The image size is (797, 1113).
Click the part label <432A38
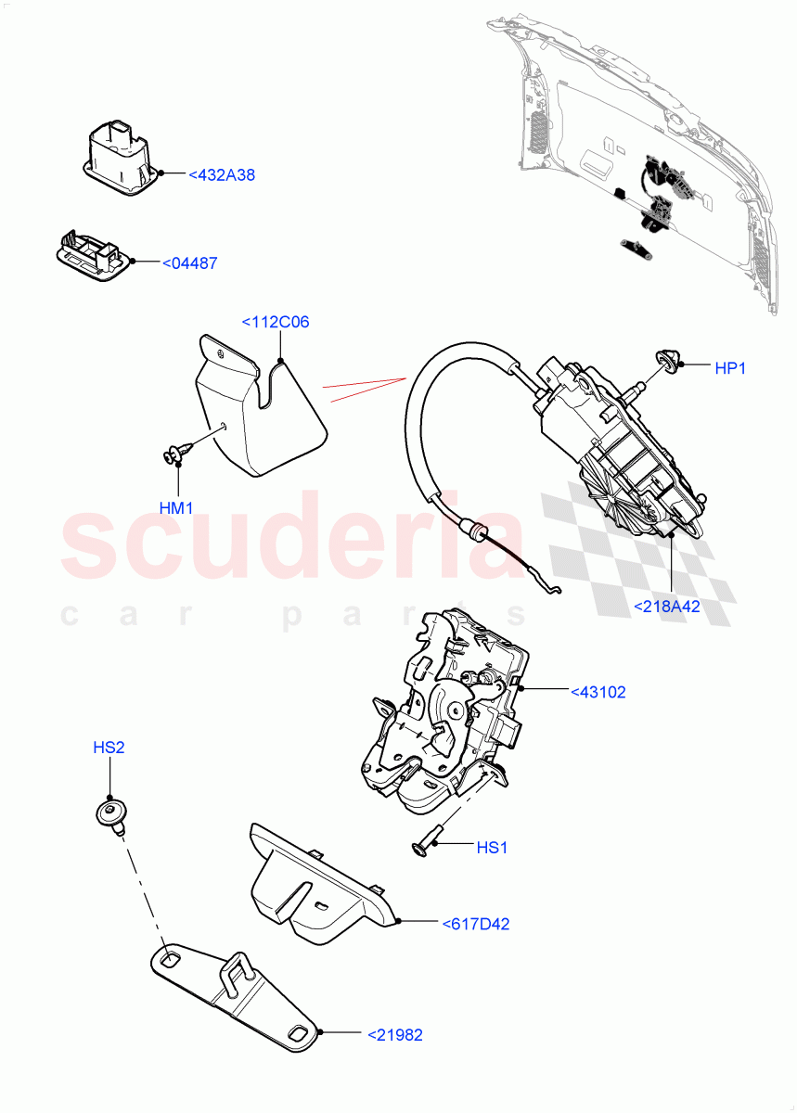click(x=222, y=174)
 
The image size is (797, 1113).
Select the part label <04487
click(x=190, y=263)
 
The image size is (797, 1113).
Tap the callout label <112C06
click(x=276, y=323)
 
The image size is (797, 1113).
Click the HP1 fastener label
click(x=730, y=368)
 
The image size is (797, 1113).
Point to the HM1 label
click(x=175, y=508)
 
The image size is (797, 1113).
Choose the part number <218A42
click(x=666, y=607)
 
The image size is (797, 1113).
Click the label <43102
click(x=598, y=692)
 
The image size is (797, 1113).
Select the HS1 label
click(x=492, y=848)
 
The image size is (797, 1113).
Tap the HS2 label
click(x=108, y=748)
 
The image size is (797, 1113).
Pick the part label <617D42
click(x=476, y=924)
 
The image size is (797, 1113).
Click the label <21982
click(x=395, y=1034)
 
